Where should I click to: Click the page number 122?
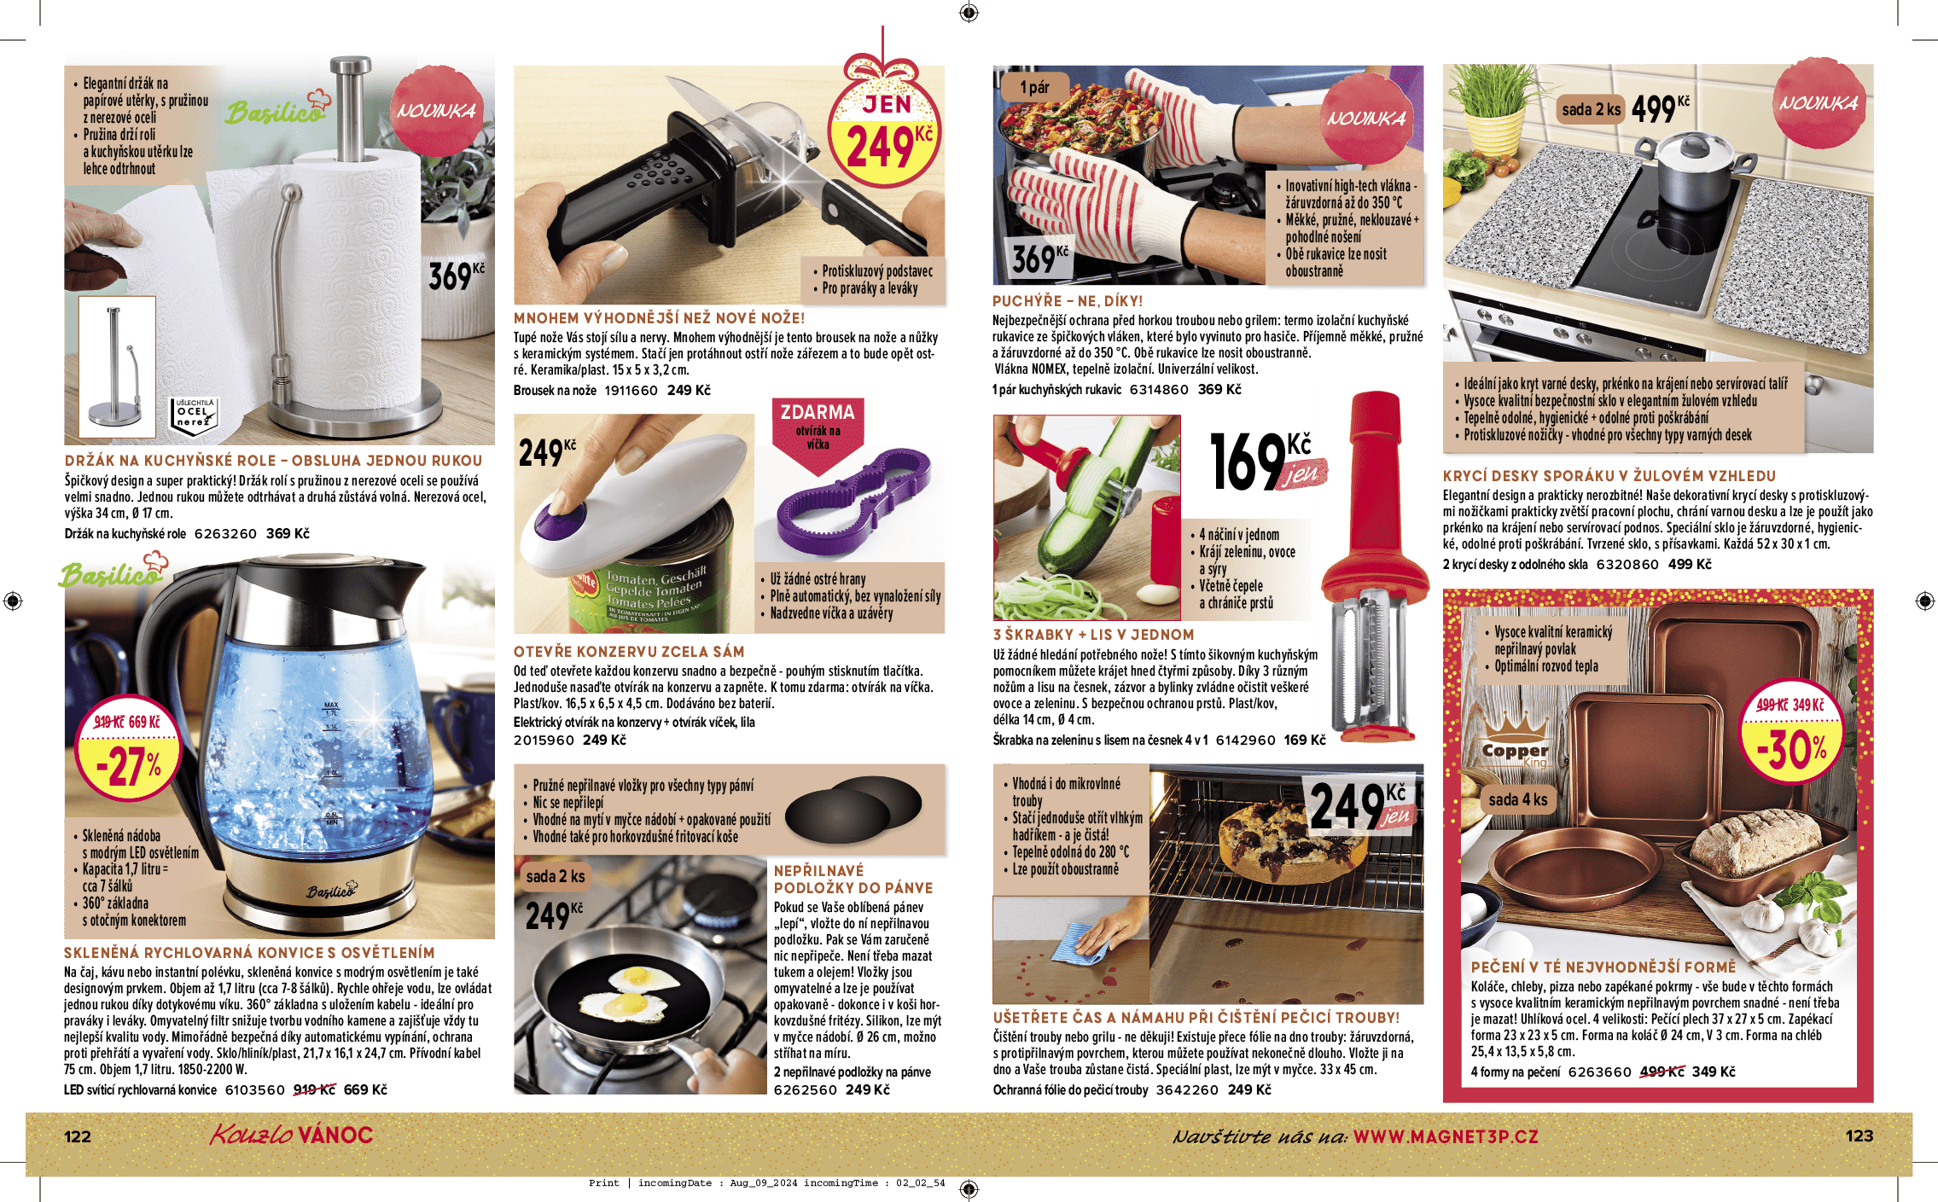(x=78, y=1136)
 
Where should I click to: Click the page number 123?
(x=1859, y=1135)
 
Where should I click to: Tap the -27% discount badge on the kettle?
(x=128, y=752)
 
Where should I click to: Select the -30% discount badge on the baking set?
(x=1791, y=732)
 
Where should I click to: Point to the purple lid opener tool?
(x=854, y=502)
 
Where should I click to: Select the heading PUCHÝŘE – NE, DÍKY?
(x=1067, y=301)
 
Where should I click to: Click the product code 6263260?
(x=225, y=534)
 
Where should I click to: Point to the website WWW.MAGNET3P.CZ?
(x=1446, y=1136)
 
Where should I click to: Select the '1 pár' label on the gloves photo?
(x=1034, y=87)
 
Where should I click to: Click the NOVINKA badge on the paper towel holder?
(x=436, y=111)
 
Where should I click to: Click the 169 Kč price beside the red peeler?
(x=1268, y=462)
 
